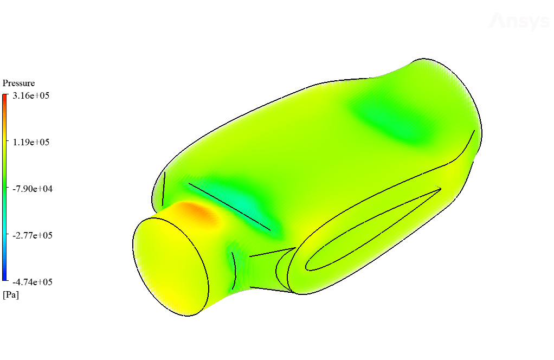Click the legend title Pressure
tap(19, 83)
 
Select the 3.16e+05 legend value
tap(31, 95)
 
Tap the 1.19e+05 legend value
tap(31, 142)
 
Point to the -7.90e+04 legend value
tap(33, 189)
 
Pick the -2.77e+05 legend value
tap(33, 235)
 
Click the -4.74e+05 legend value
tap(33, 282)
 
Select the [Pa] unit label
tap(11, 294)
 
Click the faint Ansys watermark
tap(519, 21)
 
